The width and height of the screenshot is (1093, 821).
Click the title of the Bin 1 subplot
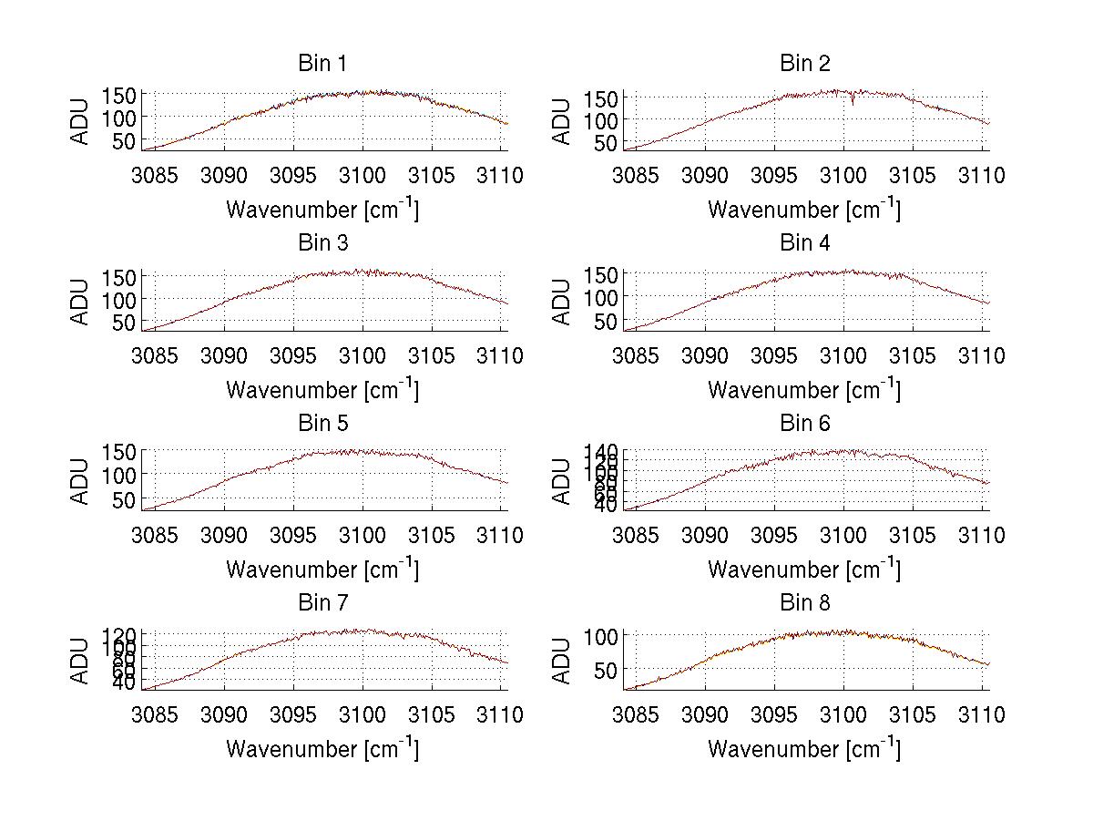pyautogui.click(x=322, y=64)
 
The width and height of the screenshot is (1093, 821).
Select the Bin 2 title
pyautogui.click(x=805, y=64)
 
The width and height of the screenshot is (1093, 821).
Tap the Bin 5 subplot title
pyautogui.click(x=322, y=424)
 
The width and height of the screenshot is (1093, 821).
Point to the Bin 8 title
pyautogui.click(x=805, y=603)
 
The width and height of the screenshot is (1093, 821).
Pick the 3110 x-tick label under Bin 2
pyautogui.click(x=980, y=175)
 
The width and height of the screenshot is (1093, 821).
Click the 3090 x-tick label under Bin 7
pyautogui.click(x=224, y=715)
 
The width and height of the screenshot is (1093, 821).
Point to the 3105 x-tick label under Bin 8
pyautogui.click(x=912, y=715)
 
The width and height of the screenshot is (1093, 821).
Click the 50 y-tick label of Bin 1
pyautogui.click(x=125, y=140)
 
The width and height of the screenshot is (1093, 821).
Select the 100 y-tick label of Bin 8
pyautogui.click(x=604, y=635)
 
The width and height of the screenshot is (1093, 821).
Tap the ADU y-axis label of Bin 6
pyautogui.click(x=563, y=480)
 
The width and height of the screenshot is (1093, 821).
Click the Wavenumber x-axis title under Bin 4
pyautogui.click(x=804, y=389)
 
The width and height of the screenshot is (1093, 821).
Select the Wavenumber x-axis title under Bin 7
pyautogui.click(x=322, y=749)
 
